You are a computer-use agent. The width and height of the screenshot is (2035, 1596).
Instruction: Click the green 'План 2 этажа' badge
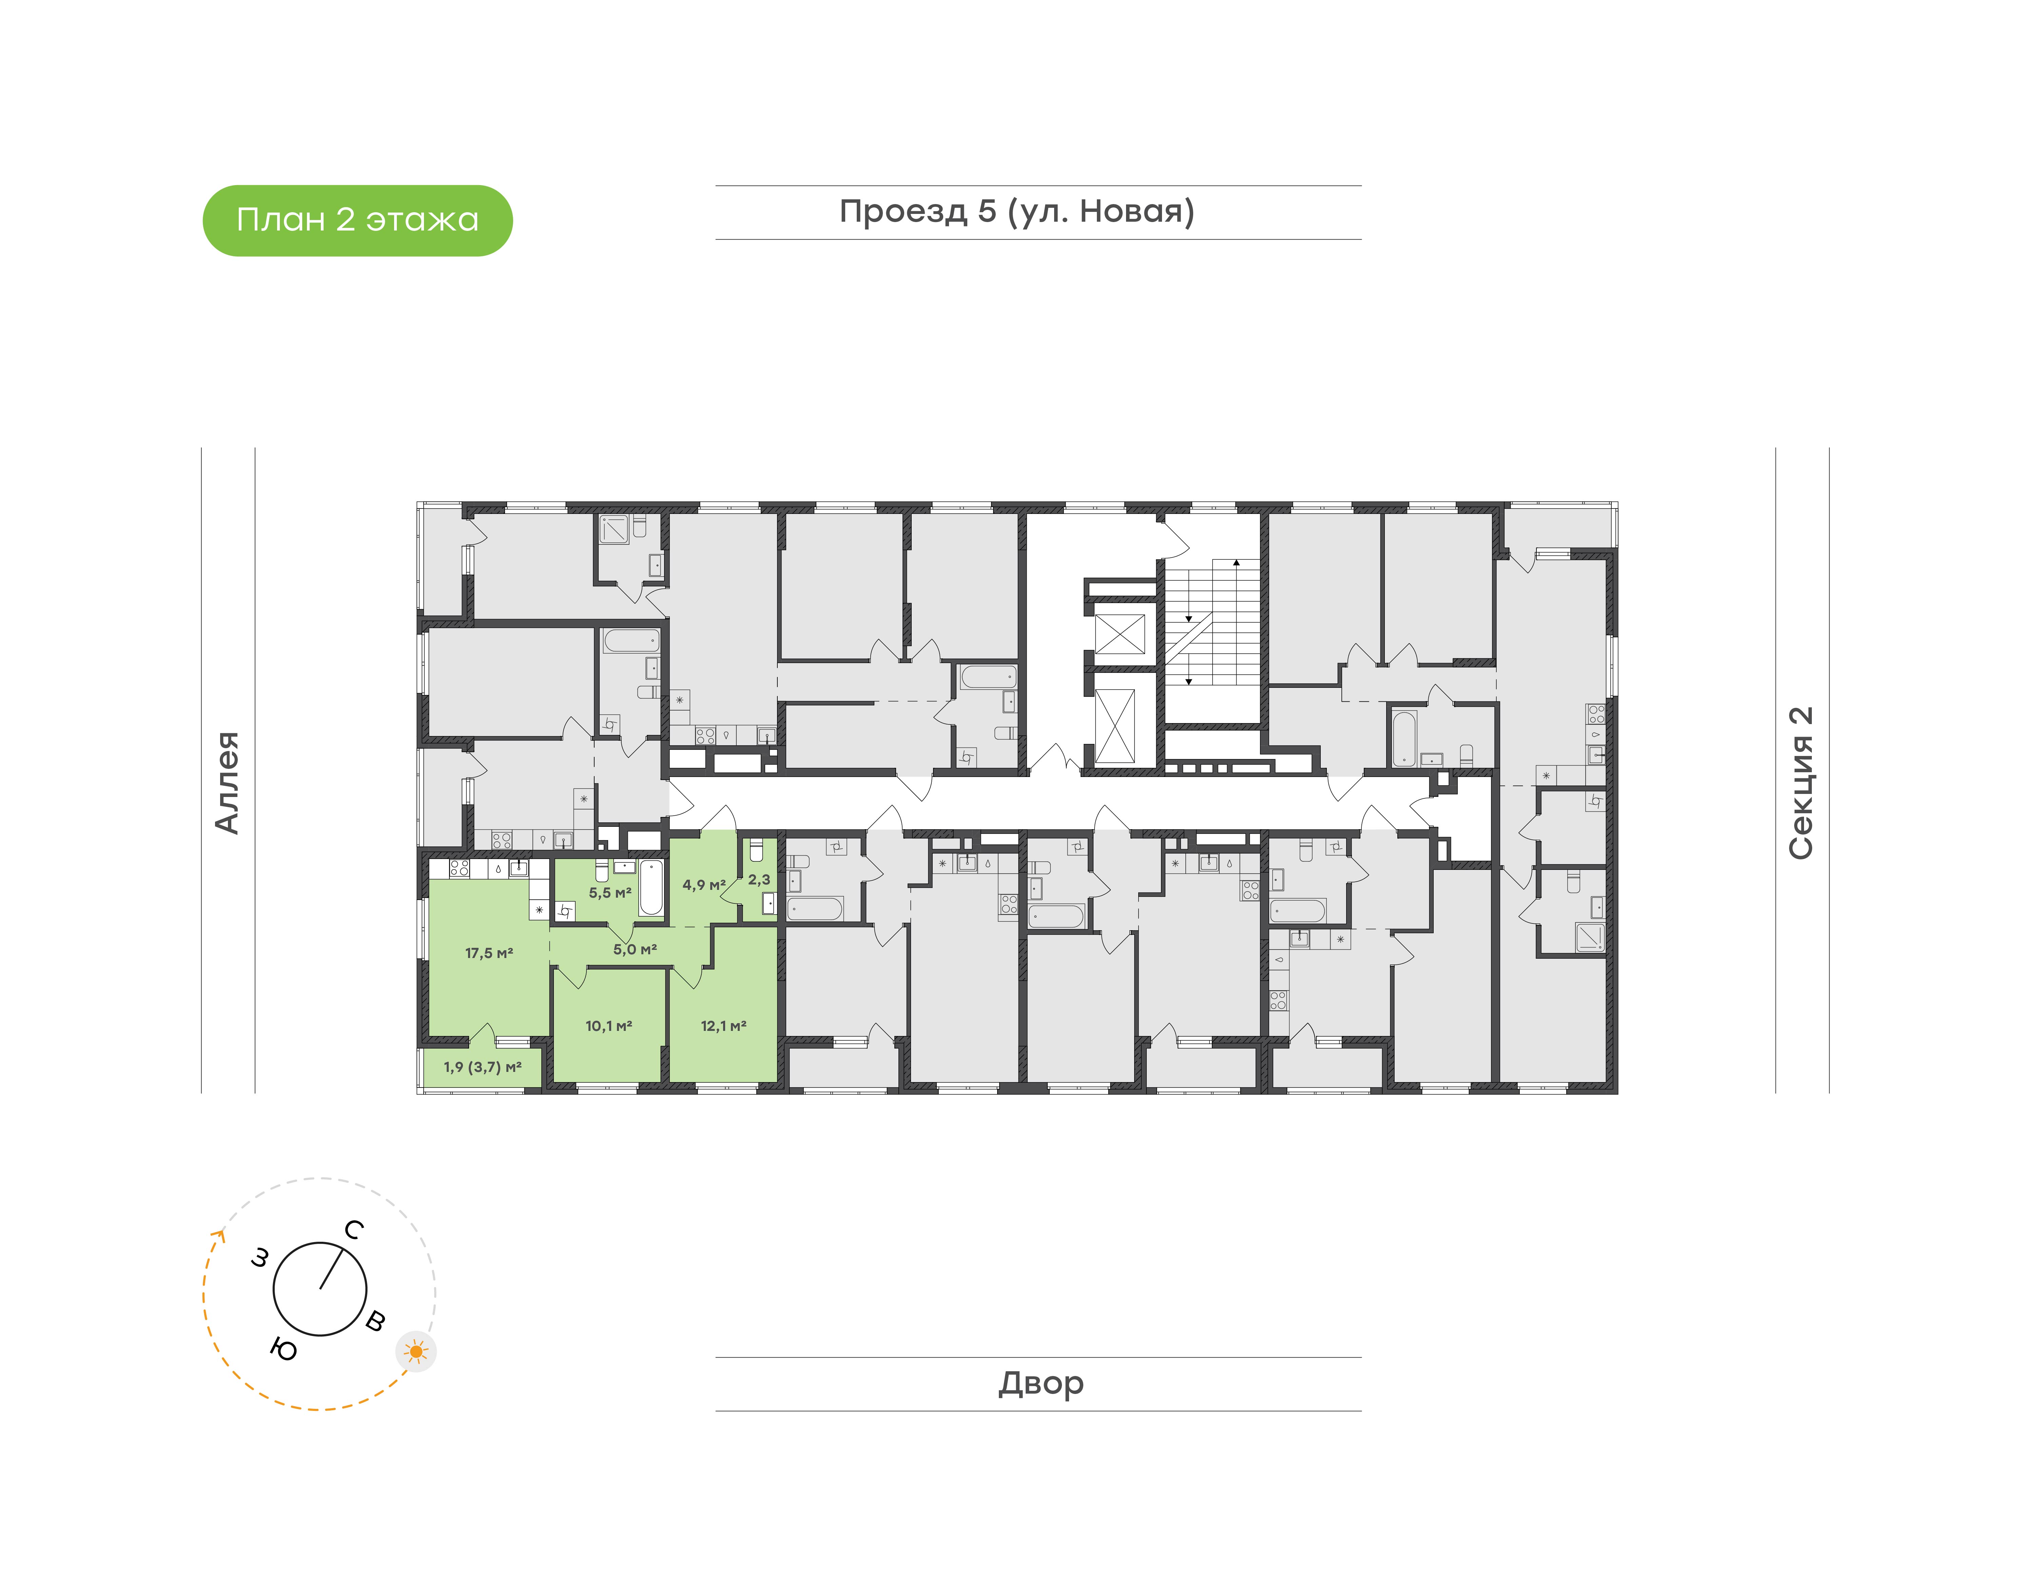tap(357, 221)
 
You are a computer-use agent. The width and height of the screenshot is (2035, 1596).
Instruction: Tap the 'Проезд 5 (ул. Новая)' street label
tap(1017, 212)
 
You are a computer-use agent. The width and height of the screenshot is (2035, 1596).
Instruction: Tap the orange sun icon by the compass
tap(416, 1351)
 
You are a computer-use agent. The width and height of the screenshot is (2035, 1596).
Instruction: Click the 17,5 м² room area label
tap(489, 953)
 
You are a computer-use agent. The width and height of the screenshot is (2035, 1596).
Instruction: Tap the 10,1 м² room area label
tap(608, 1026)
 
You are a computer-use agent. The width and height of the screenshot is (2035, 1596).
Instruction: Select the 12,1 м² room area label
tap(723, 1026)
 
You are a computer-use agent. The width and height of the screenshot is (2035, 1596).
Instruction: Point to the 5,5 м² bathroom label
tap(609, 892)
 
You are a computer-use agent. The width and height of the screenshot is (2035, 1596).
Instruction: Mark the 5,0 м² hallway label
tap(635, 950)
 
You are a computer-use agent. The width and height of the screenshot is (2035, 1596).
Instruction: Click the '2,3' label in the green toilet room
tap(759, 879)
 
